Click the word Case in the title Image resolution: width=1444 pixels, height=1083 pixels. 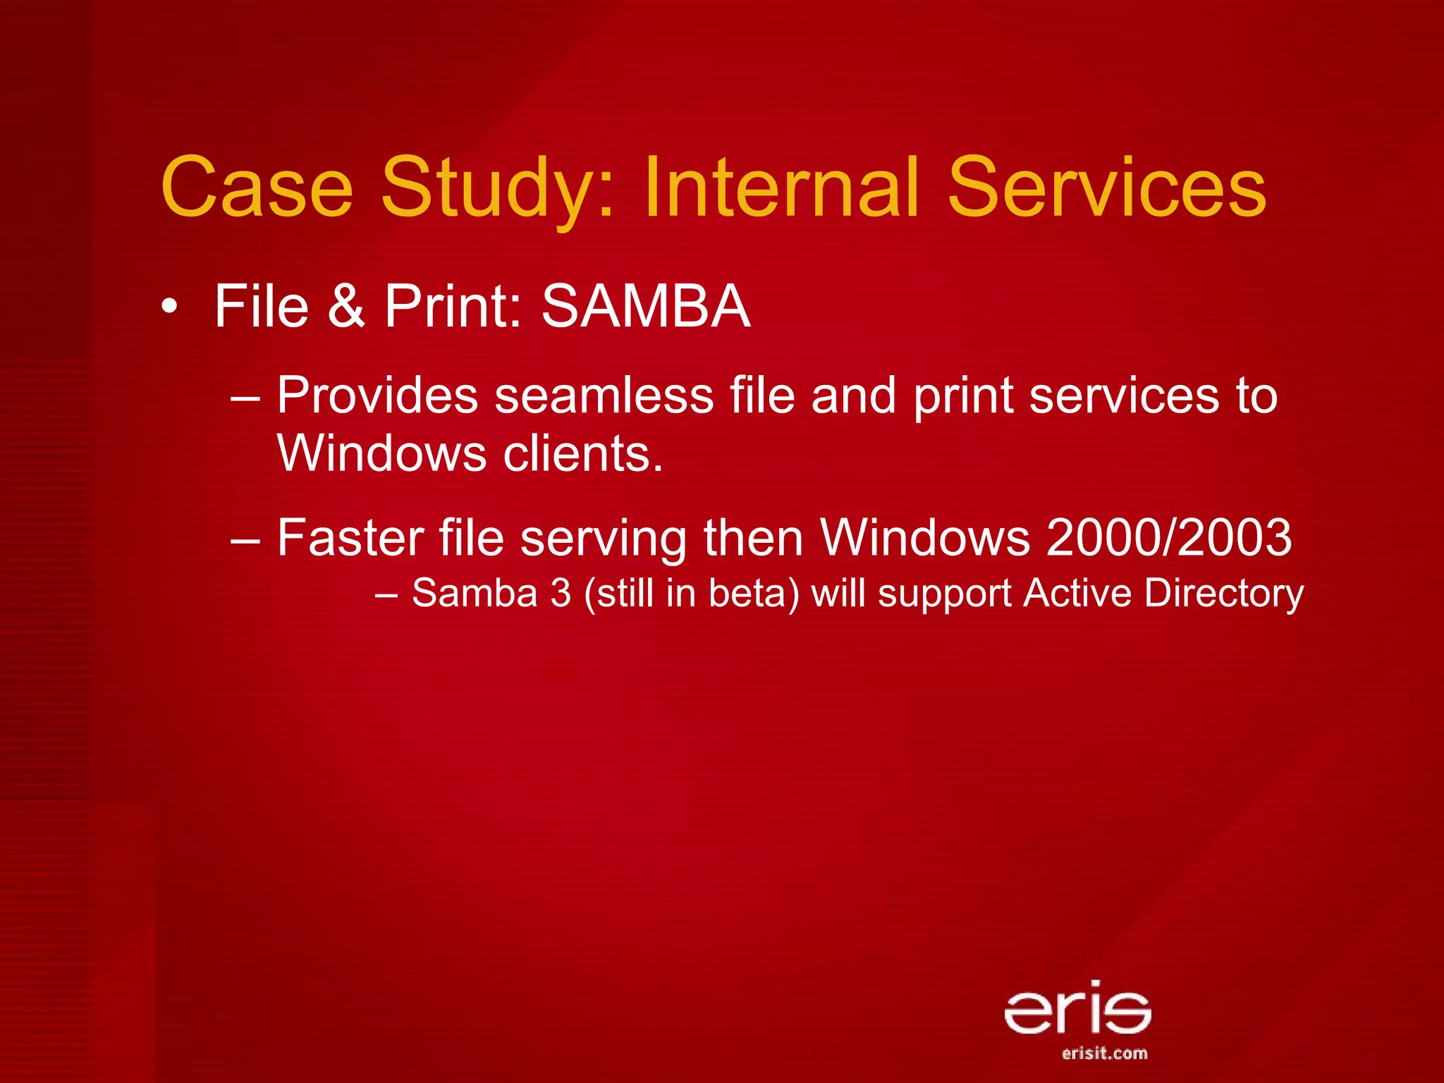(x=257, y=187)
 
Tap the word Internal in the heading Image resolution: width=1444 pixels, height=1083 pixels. (x=782, y=187)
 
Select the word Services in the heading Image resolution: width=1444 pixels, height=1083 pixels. (x=1106, y=187)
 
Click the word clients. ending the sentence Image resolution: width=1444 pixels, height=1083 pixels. (x=583, y=453)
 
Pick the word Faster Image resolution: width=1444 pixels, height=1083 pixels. (x=350, y=538)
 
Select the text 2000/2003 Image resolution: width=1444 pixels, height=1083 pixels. (x=1169, y=538)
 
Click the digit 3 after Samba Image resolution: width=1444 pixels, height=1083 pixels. (x=561, y=593)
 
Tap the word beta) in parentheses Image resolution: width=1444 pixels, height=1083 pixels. (x=754, y=593)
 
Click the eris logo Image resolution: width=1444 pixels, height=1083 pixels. (x=1077, y=1009)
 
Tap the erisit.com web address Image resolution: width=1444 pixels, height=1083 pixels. (x=1104, y=1053)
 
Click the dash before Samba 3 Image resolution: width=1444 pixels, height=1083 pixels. (x=387, y=594)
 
